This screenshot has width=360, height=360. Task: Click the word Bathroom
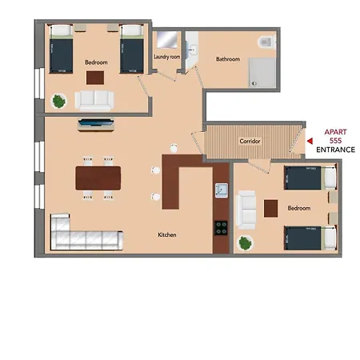pyautogui.click(x=228, y=59)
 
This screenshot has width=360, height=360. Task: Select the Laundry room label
pyautogui.click(x=168, y=58)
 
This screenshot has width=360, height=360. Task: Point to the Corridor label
pyautogui.click(x=250, y=141)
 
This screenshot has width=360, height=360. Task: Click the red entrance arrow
pyautogui.click(x=310, y=145)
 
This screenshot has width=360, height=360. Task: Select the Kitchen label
pyautogui.click(x=166, y=234)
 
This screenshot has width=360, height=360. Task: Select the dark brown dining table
pyautogui.click(x=98, y=177)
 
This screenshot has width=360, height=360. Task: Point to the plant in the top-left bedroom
pyautogui.click(x=58, y=101)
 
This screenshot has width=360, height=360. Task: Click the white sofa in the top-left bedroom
pyautogui.click(x=95, y=99)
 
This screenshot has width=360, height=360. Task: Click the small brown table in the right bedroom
pyautogui.click(x=270, y=208)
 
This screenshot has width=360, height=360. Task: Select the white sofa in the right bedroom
pyautogui.click(x=248, y=208)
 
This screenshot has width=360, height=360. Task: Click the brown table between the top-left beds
pyautogui.click(x=96, y=77)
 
